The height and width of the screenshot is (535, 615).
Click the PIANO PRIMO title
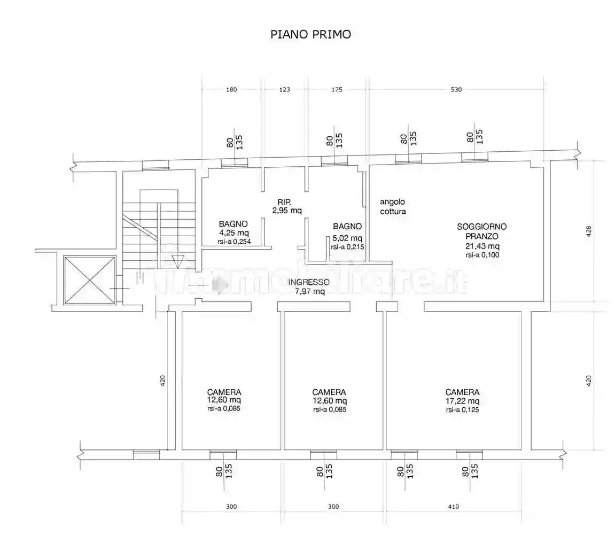tap(310, 35)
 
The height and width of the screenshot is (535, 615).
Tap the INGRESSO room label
tap(309, 282)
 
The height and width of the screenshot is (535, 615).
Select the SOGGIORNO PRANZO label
tap(481, 231)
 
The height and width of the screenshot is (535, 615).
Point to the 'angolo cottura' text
tap(393, 207)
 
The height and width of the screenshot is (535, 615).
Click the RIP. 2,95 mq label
tap(287, 206)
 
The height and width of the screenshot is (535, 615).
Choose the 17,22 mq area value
tap(462, 401)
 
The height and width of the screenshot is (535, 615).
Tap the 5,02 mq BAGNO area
tap(347, 238)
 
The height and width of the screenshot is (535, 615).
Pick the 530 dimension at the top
tap(456, 89)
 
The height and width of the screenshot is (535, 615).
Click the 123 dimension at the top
tap(284, 89)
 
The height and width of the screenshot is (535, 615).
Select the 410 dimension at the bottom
tap(454, 506)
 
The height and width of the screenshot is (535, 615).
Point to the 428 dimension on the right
tap(588, 231)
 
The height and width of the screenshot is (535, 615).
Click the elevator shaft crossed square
tap(89, 280)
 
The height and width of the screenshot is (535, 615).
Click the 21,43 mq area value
tap(482, 246)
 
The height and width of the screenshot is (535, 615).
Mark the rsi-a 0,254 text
tap(234, 242)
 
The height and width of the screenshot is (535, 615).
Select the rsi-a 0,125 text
tap(462, 410)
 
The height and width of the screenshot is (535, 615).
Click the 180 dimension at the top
tap(231, 89)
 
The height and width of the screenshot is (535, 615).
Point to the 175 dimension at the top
tap(337, 89)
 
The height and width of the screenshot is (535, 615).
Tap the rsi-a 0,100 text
tap(482, 255)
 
